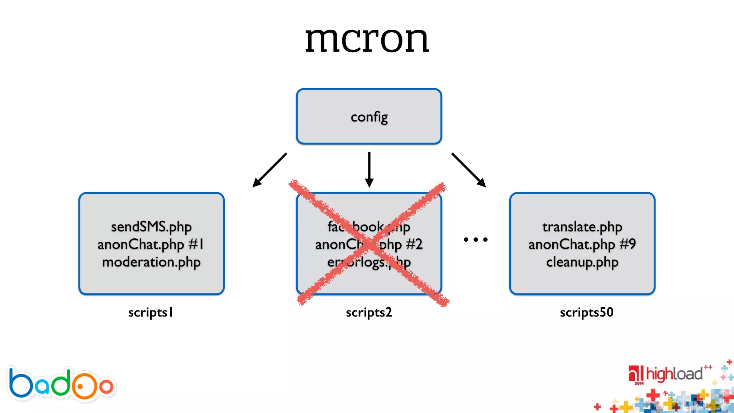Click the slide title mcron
click(367, 39)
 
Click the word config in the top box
click(369, 117)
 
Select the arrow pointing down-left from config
click(270, 170)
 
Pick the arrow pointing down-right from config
click(468, 170)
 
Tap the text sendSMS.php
click(151, 227)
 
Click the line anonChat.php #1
click(151, 245)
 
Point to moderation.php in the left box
click(151, 262)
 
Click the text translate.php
click(582, 227)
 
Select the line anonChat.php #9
click(582, 245)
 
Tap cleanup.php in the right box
click(582, 262)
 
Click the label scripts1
click(151, 313)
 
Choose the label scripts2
click(369, 313)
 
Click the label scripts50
click(587, 313)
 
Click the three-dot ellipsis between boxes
click(476, 239)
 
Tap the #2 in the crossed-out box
click(414, 245)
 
